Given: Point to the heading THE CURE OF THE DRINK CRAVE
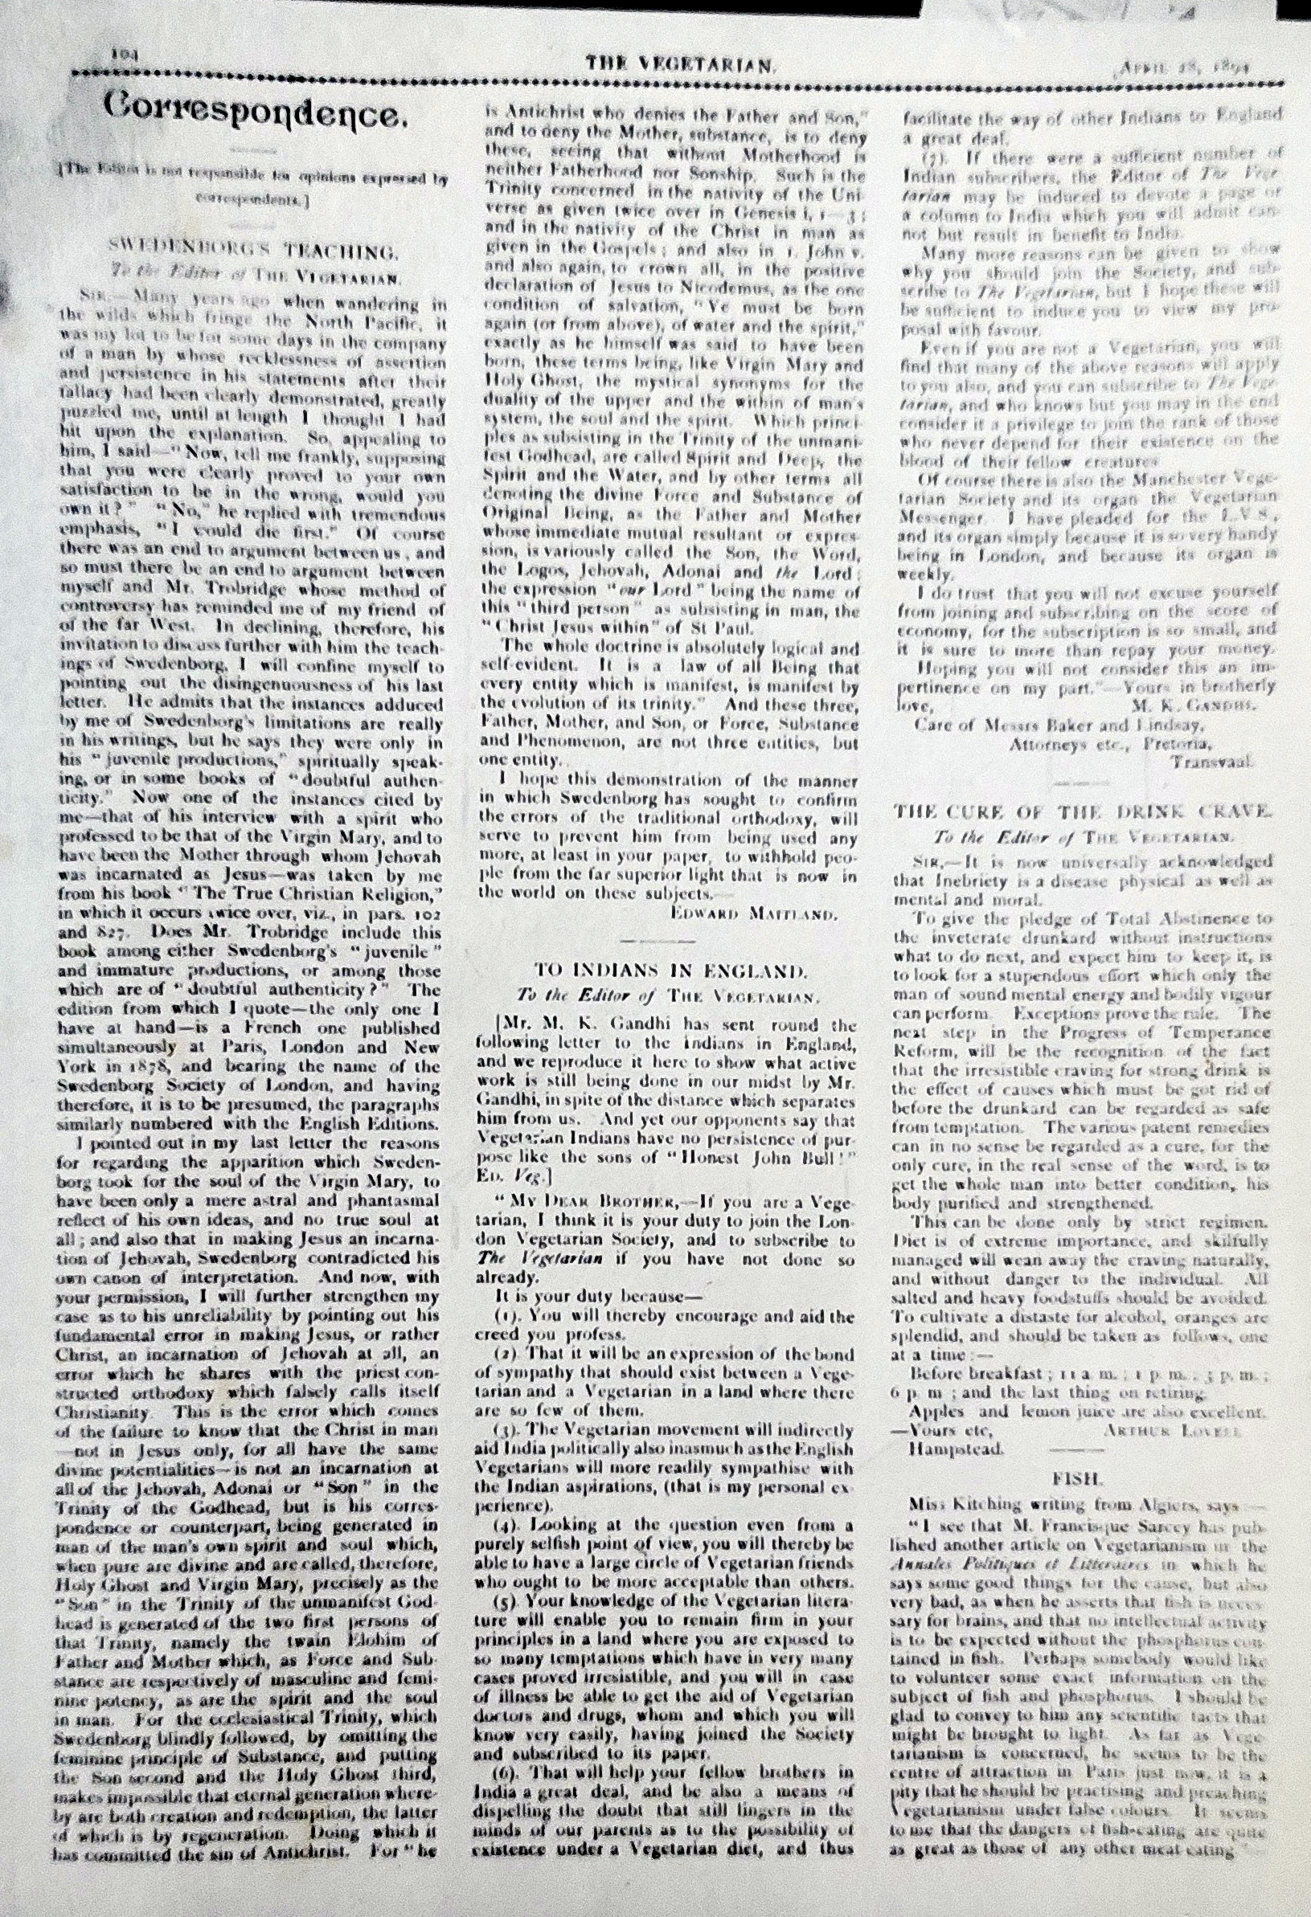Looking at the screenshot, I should coord(1084,811).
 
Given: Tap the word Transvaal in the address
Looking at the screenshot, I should coord(1211,761).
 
